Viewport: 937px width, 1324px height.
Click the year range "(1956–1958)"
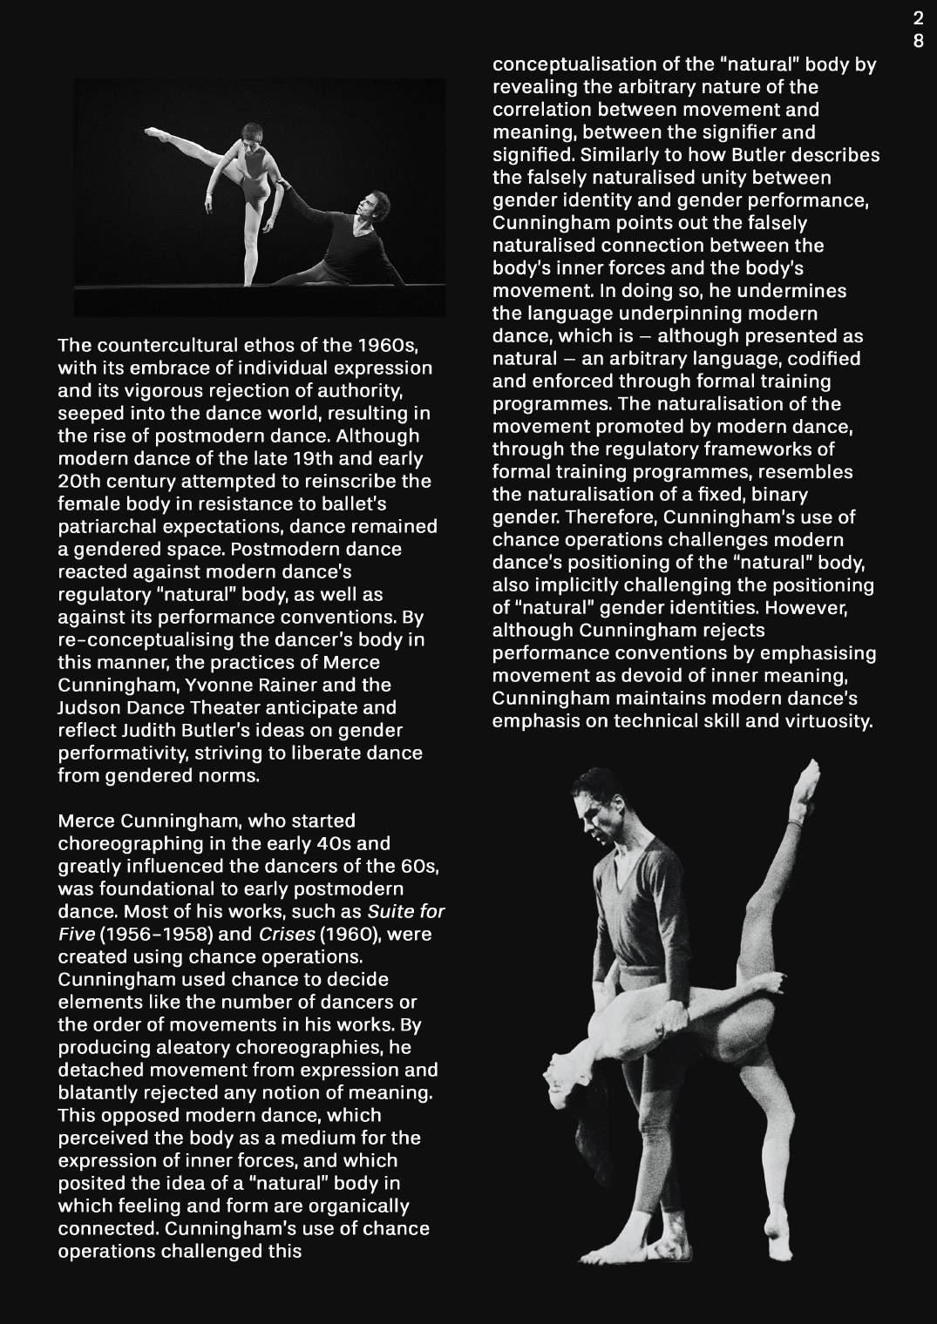[139, 934]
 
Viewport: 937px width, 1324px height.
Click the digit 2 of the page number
[918, 19]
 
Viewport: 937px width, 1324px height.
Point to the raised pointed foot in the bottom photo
[811, 773]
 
